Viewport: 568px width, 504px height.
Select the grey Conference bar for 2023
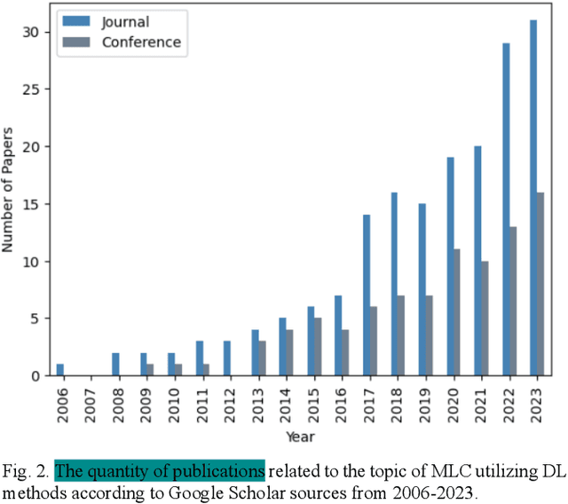540,284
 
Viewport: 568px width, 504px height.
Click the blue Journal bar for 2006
59,370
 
